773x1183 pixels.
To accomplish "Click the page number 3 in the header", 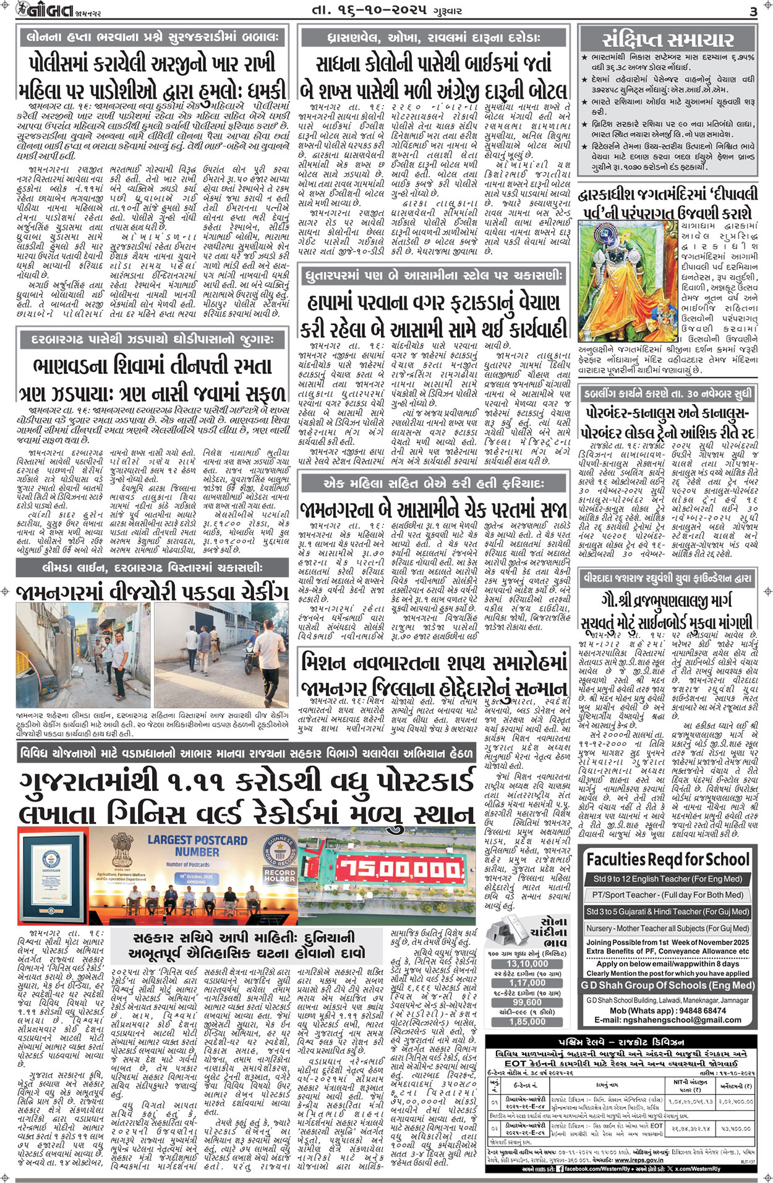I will tap(753, 11).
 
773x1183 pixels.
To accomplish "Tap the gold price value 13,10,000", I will tap(527, 964).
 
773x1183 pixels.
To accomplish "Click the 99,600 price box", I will tap(527, 1003).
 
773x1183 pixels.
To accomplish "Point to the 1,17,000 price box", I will tap(527, 983).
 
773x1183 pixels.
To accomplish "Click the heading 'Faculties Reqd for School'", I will tap(667, 860).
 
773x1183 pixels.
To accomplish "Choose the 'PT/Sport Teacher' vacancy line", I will tap(667, 894).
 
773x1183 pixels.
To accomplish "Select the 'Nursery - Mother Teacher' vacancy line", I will tap(667, 928).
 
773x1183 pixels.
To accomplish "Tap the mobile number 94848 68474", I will tap(696, 1011).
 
